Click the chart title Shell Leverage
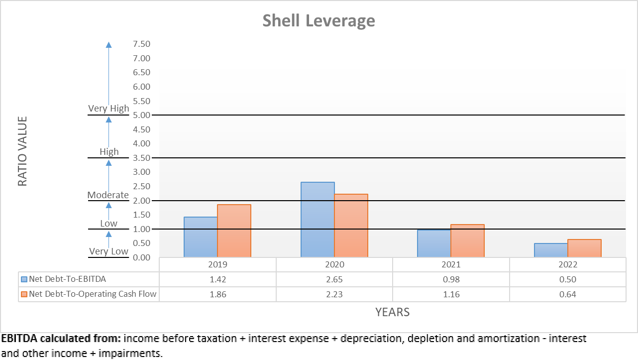(x=319, y=20)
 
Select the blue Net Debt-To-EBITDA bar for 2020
(x=318, y=220)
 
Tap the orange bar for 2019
(x=234, y=231)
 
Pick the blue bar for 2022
(x=551, y=250)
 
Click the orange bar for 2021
(x=467, y=240)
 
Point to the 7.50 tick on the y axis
(x=141, y=44)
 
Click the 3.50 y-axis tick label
(x=141, y=158)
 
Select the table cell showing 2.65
(x=334, y=279)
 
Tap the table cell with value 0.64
(x=567, y=294)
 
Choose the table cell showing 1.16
(x=451, y=294)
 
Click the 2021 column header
(x=451, y=265)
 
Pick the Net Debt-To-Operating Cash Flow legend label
(x=93, y=294)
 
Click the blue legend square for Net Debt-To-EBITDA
(x=24, y=279)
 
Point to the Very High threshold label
(x=108, y=108)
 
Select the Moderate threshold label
(x=108, y=195)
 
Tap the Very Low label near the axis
(x=108, y=251)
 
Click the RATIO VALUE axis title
(x=22, y=151)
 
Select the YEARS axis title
(x=392, y=312)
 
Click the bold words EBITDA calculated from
(x=61, y=339)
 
